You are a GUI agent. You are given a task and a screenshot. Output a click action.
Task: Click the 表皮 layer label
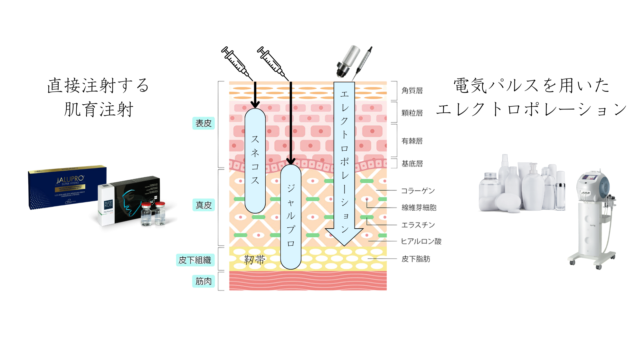click(x=203, y=123)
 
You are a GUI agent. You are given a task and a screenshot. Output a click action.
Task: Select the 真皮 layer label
click(x=204, y=205)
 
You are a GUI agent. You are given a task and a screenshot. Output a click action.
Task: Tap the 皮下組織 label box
click(x=195, y=260)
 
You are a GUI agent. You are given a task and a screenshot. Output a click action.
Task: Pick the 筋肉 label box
click(x=204, y=281)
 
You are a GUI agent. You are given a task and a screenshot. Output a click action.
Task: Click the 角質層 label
click(x=412, y=91)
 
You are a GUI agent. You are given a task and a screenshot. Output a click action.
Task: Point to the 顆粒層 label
click(x=412, y=113)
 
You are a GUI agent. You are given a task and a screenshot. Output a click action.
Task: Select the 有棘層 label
click(x=412, y=141)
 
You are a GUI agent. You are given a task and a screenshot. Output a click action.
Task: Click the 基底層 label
click(x=412, y=164)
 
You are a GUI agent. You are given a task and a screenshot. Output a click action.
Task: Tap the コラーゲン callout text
click(x=418, y=191)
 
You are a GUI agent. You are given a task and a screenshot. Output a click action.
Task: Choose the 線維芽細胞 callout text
click(x=419, y=208)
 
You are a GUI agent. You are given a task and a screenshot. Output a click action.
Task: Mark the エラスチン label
click(x=418, y=225)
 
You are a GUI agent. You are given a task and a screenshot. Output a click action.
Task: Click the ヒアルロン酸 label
click(x=421, y=241)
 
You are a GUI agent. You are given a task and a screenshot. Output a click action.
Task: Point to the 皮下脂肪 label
click(x=416, y=259)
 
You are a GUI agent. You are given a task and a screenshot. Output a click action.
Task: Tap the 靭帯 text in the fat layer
click(x=254, y=260)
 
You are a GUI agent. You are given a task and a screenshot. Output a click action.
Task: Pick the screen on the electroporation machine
click(x=590, y=177)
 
